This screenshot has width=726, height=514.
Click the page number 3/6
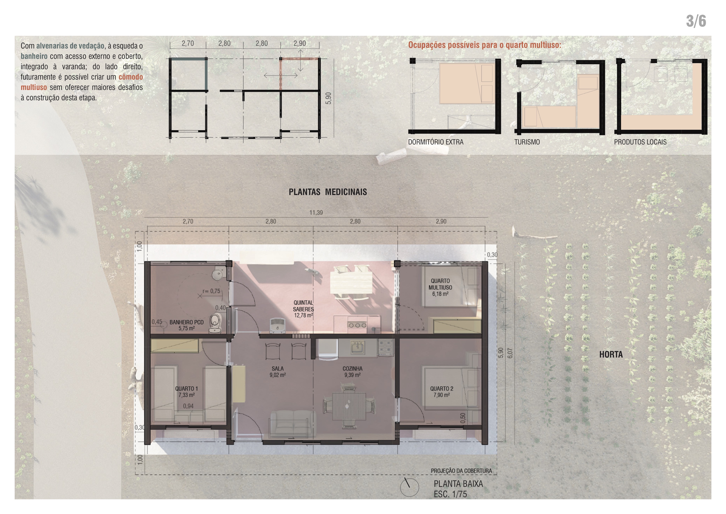(696, 21)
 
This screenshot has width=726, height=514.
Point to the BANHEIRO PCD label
(186, 322)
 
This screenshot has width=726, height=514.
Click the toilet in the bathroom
(215, 323)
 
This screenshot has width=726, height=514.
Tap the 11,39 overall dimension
(316, 213)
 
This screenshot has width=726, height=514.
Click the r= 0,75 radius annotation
(211, 291)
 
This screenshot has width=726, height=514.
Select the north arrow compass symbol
(409, 487)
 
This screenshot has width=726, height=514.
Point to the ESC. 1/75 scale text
(450, 494)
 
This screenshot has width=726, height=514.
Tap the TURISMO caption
(527, 142)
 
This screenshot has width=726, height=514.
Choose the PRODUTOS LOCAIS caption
(640, 142)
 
